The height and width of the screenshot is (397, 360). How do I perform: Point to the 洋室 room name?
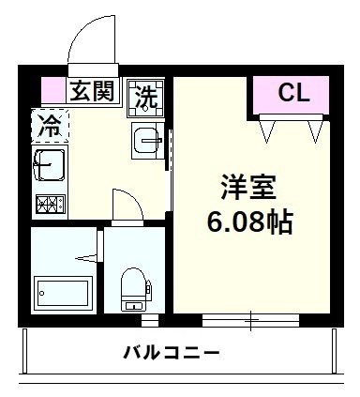(247, 187)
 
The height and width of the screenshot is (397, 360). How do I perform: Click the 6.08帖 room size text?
(250, 222)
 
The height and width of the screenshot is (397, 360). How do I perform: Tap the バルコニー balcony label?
(172, 354)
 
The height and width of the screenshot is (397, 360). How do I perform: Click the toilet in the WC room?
(133, 286)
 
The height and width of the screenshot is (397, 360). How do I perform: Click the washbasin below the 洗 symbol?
(147, 141)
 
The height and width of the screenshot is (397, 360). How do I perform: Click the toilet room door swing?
(124, 205)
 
